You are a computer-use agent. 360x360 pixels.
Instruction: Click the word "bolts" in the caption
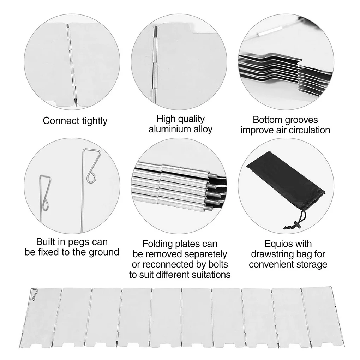click(x=218, y=264)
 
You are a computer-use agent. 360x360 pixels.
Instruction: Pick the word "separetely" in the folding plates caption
click(x=205, y=254)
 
